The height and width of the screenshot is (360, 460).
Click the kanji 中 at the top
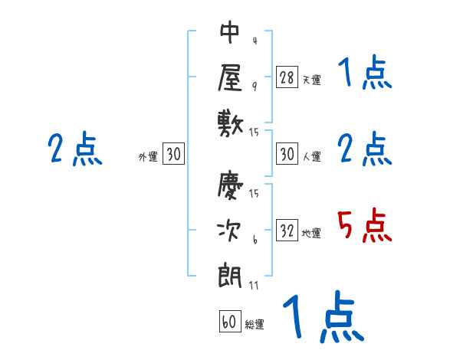pos(230,32)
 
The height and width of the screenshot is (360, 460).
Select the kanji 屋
pos(230,77)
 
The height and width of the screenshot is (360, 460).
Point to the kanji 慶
pos(230,186)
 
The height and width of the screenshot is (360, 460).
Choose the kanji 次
pos(230,231)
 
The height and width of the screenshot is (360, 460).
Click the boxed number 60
pos(229,322)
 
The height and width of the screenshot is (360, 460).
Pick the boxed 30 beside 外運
pos(173,155)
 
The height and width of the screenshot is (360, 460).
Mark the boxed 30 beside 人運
pos(287,155)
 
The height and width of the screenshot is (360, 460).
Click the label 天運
pos(311,80)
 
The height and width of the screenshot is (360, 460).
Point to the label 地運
pos(311,234)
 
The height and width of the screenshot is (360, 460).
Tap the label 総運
pos(255,324)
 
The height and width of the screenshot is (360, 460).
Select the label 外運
pos(148,157)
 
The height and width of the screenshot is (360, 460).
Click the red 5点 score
pos(365,226)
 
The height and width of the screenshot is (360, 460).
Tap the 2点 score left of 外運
pos(74,149)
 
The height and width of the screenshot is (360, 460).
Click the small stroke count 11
pos(254,285)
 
